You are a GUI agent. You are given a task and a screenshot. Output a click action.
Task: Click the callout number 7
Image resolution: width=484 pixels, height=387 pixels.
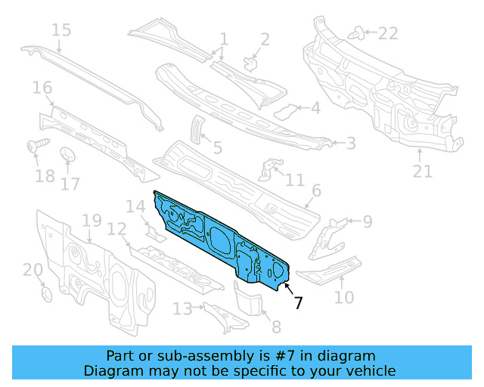299,302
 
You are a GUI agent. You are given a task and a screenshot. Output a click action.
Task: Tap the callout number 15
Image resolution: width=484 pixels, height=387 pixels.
61,30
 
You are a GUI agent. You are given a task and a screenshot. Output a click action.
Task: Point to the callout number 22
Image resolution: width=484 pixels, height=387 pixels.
387,33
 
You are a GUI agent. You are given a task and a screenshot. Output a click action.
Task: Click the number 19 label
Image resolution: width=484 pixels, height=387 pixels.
92,221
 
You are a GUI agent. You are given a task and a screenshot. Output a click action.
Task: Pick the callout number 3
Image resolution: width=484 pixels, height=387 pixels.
351,143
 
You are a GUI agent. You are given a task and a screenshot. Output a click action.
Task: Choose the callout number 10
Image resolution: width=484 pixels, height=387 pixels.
344,297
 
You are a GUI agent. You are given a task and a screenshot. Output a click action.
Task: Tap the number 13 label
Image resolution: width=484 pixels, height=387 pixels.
182,308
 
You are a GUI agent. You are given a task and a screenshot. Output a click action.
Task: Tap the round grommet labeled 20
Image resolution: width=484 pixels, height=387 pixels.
45,293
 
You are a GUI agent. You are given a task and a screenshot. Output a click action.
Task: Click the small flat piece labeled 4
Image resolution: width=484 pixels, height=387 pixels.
285,111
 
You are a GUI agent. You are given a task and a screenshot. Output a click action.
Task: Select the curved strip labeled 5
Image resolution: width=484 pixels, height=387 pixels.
195,127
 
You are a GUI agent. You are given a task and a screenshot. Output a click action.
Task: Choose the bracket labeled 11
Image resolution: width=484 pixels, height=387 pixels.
267,169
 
